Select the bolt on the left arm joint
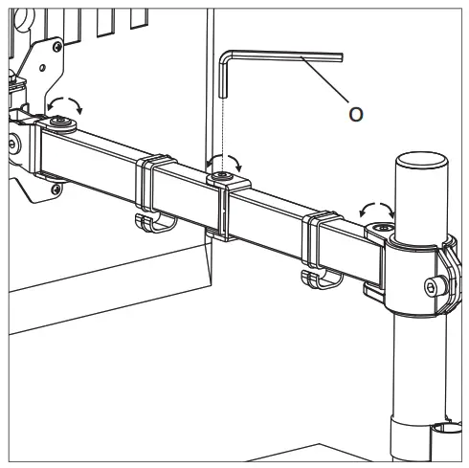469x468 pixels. click(x=63, y=121)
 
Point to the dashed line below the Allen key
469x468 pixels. click(x=223, y=124)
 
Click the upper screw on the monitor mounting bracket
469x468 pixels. click(x=58, y=44)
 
